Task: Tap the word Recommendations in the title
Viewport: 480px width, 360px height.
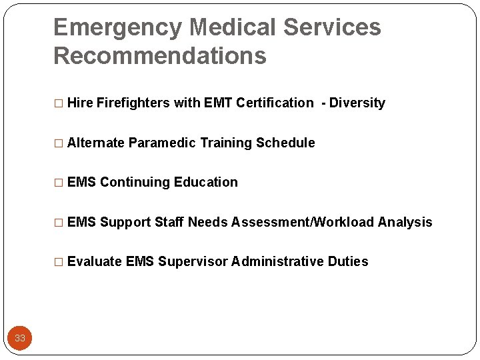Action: [159, 56]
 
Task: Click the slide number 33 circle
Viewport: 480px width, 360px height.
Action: [20, 338]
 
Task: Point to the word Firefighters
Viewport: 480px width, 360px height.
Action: [133, 103]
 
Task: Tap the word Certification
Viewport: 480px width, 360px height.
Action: [274, 103]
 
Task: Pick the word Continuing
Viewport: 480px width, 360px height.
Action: [135, 182]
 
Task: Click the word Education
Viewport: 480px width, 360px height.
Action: [206, 182]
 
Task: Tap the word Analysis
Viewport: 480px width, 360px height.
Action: [405, 222]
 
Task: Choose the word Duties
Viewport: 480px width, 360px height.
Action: [348, 261]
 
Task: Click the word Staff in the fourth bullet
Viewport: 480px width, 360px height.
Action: [169, 222]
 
